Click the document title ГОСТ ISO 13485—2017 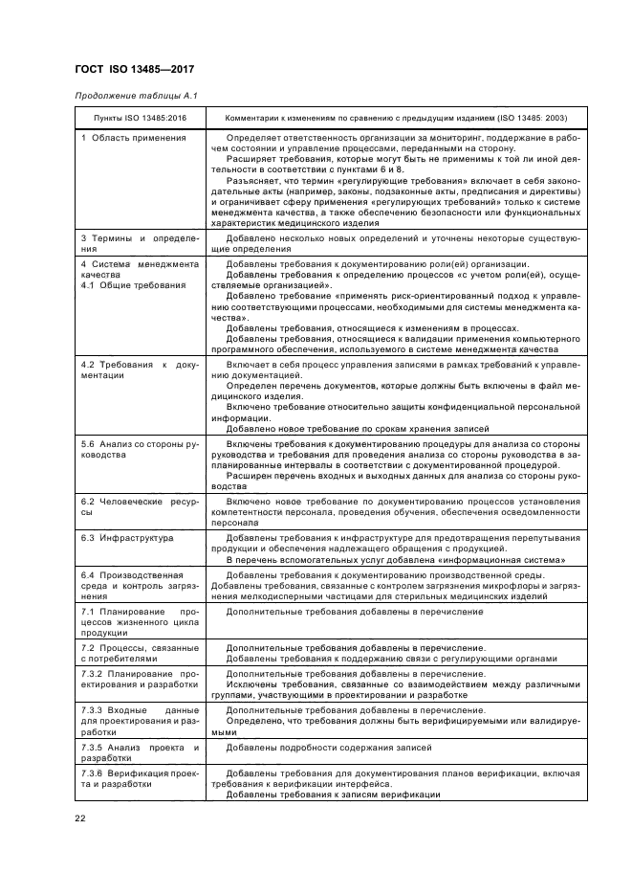(x=141, y=68)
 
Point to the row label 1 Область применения (x=133, y=138)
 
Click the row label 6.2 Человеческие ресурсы (x=139, y=506)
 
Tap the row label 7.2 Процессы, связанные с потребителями (x=139, y=654)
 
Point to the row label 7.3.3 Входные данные (x=139, y=715)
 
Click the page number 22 (x=80, y=818)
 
